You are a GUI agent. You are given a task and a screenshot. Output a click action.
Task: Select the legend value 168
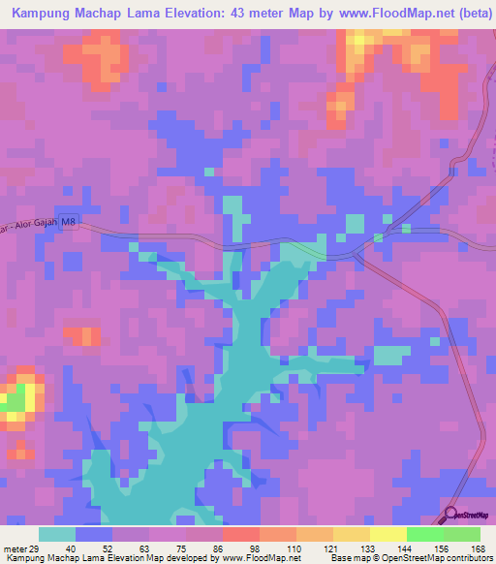476,548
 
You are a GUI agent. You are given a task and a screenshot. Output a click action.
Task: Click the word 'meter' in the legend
13,548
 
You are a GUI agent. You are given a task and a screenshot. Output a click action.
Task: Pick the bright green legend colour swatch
424,534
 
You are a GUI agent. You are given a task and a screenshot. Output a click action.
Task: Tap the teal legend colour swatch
57,534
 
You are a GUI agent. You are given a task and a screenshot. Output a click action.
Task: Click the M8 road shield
68,222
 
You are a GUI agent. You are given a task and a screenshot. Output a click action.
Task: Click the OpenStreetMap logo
468,515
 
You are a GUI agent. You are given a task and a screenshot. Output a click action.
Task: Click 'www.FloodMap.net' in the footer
261,558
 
